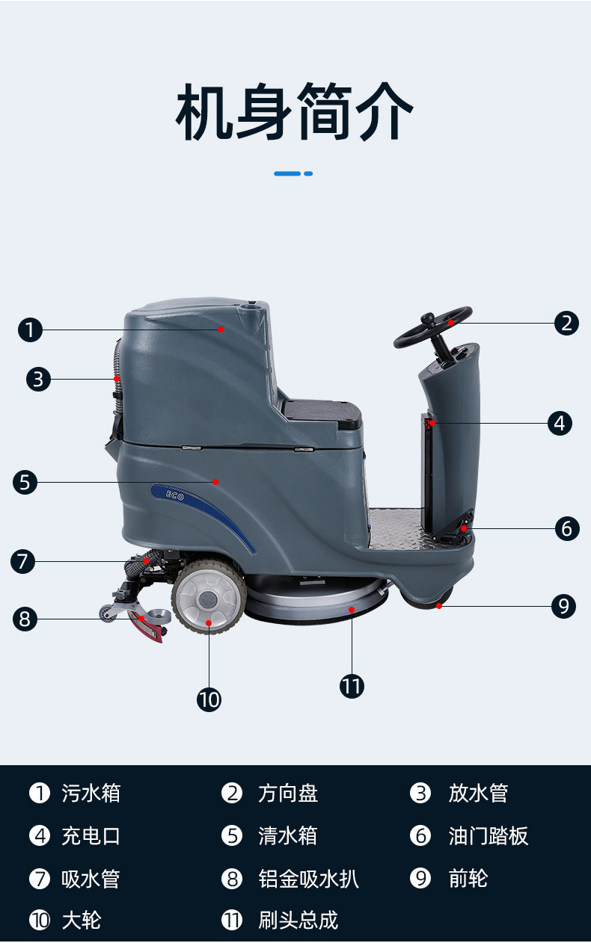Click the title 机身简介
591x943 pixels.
click(x=294, y=111)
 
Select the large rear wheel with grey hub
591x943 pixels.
click(x=209, y=596)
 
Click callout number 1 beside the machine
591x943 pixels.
click(x=31, y=330)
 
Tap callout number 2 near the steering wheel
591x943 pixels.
click(x=566, y=324)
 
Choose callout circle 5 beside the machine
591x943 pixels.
click(x=25, y=482)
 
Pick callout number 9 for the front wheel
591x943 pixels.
click(x=563, y=606)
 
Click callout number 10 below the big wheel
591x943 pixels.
click(x=209, y=699)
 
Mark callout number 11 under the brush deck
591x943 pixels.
click(x=352, y=686)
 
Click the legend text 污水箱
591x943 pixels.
click(x=91, y=794)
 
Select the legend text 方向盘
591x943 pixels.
click(x=288, y=794)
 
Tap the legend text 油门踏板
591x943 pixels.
click(x=489, y=836)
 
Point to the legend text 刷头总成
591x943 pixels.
click(x=298, y=921)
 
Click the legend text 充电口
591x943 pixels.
click(x=91, y=836)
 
